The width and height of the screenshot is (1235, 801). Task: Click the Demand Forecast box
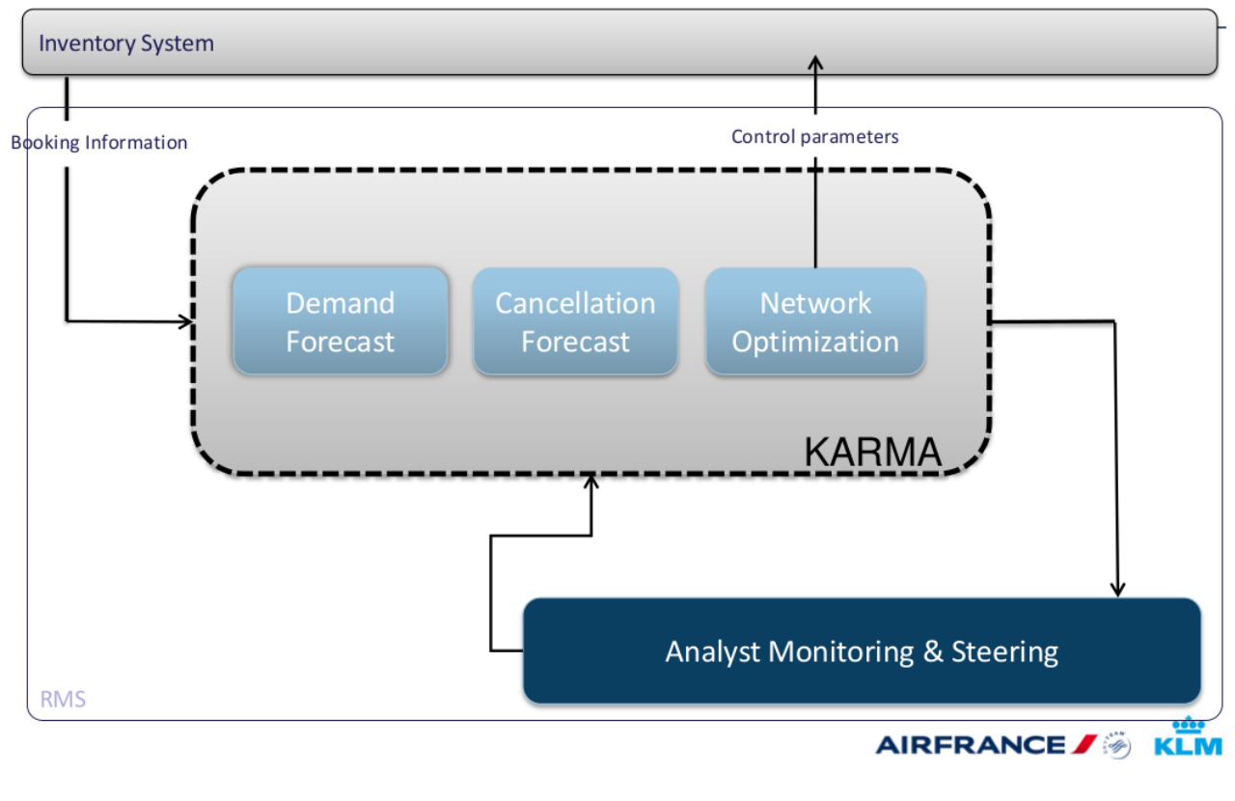[x=340, y=321]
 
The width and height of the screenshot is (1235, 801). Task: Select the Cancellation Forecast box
[x=575, y=321]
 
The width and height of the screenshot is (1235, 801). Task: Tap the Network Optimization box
[x=815, y=321]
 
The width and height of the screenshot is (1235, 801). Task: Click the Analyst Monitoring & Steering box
[x=862, y=651]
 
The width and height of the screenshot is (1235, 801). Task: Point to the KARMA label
[x=872, y=452]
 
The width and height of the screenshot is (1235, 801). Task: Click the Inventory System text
[x=126, y=43]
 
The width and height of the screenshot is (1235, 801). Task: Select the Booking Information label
[x=99, y=143]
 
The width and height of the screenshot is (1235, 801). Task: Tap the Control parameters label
[x=814, y=137]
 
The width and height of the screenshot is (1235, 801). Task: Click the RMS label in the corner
[x=63, y=699]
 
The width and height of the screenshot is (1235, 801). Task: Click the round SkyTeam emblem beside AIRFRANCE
[x=1117, y=745]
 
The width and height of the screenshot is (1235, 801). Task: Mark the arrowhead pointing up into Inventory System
[x=815, y=64]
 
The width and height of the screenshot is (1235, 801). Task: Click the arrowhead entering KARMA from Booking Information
[x=185, y=321]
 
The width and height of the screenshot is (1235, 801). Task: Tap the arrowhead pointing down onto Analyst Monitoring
[x=1117, y=589]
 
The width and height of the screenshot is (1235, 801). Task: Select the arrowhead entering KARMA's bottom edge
[x=591, y=480]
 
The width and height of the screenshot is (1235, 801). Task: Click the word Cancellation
[x=575, y=303]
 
